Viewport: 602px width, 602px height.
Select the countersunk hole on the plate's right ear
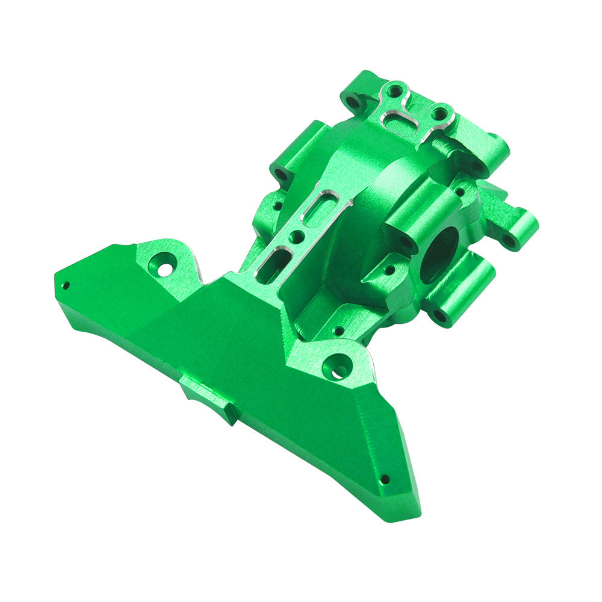pyautogui.click(x=337, y=368)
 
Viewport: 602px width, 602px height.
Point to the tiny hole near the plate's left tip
pyautogui.click(x=66, y=285)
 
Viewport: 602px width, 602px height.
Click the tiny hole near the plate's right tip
pyautogui.click(x=385, y=480)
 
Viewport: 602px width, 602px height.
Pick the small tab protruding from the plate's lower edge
pyautogui.click(x=208, y=400)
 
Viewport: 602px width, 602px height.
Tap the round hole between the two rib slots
pyautogui.click(x=296, y=237)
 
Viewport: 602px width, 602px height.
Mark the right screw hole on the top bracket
pyautogui.click(x=440, y=113)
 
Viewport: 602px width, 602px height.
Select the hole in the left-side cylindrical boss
pyautogui.click(x=281, y=175)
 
